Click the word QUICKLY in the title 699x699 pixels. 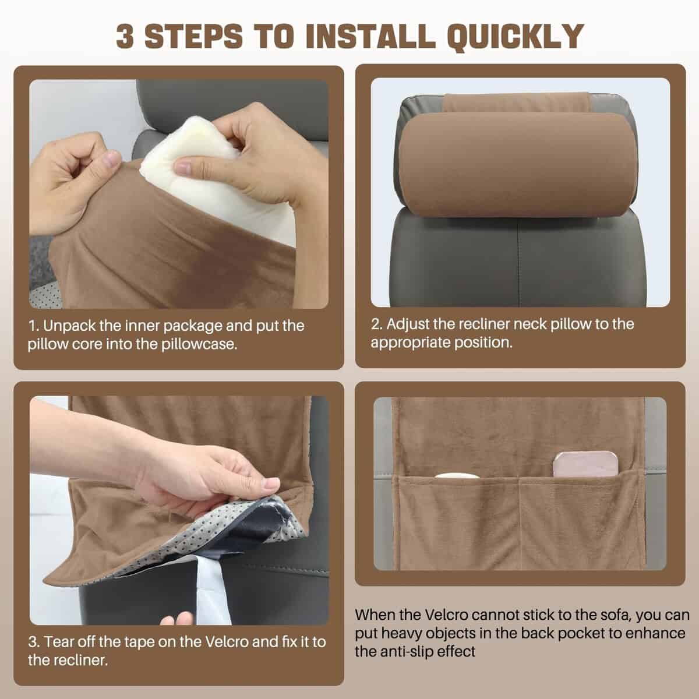516,37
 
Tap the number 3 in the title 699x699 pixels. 125,36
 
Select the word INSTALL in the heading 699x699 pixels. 370,36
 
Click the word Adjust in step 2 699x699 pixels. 408,324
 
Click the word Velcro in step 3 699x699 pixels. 227,642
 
